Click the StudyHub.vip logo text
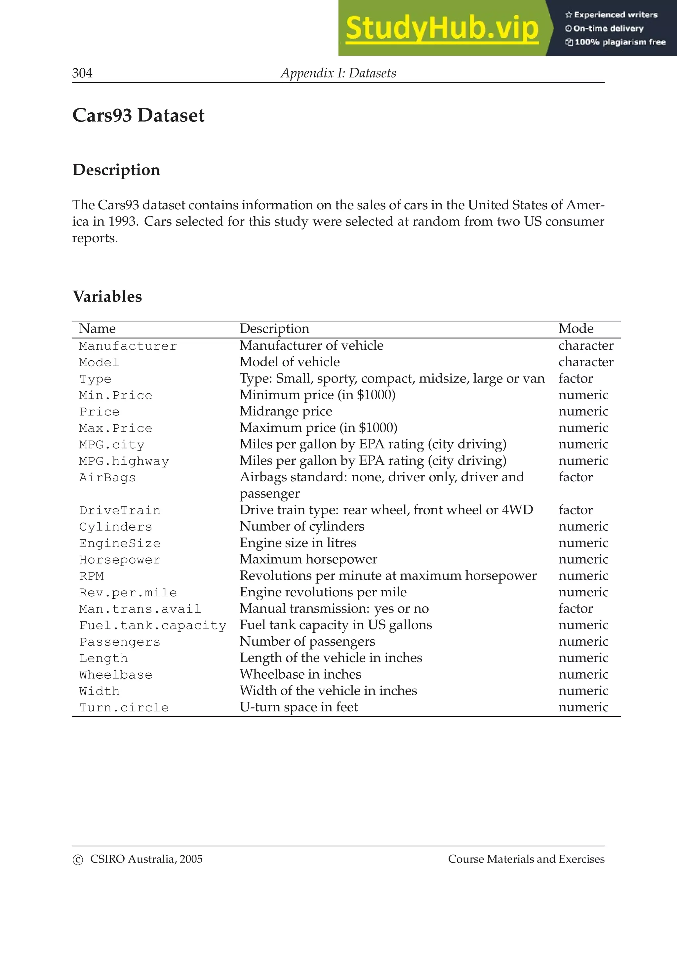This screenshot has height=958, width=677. click(x=442, y=28)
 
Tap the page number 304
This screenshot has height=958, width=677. click(x=82, y=73)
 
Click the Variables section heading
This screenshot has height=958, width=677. click(x=107, y=297)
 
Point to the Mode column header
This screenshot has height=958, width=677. click(x=576, y=329)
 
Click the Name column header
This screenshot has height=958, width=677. click(x=97, y=329)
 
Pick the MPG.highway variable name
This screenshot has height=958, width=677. click(x=124, y=461)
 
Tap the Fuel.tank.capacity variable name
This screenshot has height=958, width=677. click(x=153, y=625)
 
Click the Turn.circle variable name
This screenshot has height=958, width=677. click(x=124, y=708)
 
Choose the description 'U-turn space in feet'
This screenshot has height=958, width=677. click(x=299, y=707)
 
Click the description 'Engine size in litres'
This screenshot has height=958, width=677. click(x=298, y=543)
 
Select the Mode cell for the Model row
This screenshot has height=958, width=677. click(x=586, y=362)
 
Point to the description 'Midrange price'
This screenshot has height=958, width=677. click(x=286, y=412)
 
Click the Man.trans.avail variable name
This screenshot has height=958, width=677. click(x=140, y=609)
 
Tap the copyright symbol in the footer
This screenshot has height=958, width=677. click(x=78, y=860)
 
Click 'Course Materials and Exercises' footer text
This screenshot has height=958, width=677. click(x=526, y=859)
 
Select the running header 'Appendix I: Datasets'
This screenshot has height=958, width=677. click(x=338, y=73)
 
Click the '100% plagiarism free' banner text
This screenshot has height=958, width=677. click(x=619, y=42)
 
